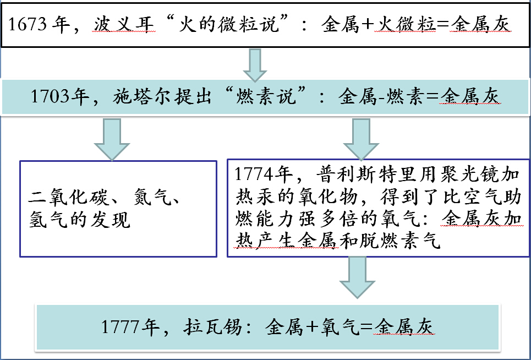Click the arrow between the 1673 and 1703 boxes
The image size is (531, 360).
pyautogui.click(x=254, y=64)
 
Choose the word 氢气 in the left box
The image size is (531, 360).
pyautogui.click(x=46, y=220)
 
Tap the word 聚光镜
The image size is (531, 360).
pyautogui.click(x=474, y=176)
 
